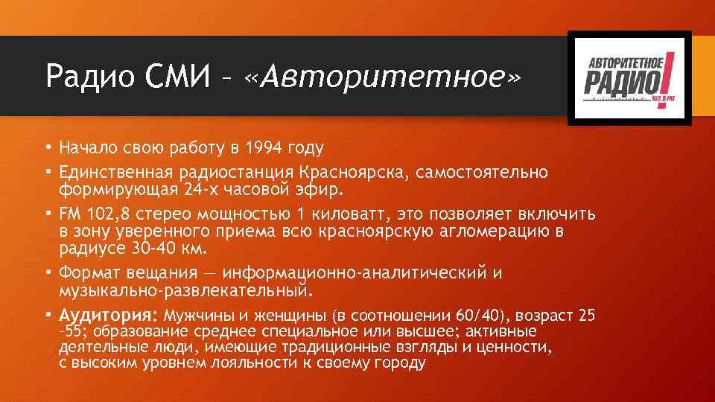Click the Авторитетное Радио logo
629,78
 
